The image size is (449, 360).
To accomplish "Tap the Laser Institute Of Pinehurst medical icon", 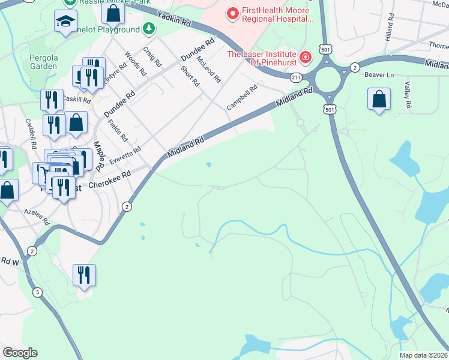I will (306, 58).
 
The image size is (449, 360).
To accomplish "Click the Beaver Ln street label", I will (379, 74).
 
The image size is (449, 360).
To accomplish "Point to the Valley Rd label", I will (408, 95).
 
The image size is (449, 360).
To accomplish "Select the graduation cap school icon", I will (63, 23).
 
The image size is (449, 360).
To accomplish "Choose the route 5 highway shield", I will (38, 292).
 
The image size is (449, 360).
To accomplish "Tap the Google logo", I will (20, 353).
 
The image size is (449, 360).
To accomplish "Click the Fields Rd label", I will (118, 130).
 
